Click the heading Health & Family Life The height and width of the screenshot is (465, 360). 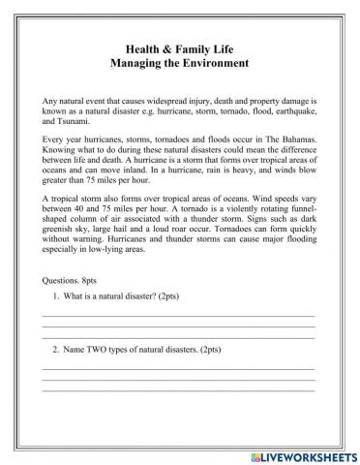click(x=180, y=46)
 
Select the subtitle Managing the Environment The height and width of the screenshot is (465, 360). click(x=180, y=63)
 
